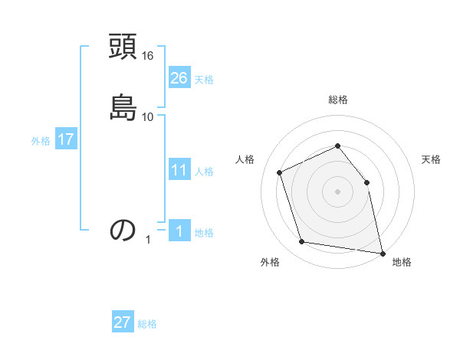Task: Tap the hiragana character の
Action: [123, 229]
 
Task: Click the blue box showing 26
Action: [179, 77]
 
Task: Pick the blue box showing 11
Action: [179, 170]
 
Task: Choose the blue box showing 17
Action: [66, 139]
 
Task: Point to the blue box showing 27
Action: [123, 322]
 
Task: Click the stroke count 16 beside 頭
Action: [148, 57]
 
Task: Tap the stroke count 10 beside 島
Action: [148, 116]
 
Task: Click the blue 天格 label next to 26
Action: [204, 80]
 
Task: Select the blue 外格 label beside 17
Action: [41, 141]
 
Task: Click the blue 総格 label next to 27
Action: [147, 324]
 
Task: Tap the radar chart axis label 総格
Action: [338, 100]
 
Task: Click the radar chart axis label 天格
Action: [432, 159]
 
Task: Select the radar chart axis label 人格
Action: [245, 159]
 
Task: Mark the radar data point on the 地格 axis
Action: [381, 252]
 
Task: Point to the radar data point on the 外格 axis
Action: [302, 242]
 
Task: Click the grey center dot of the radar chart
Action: [338, 191]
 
